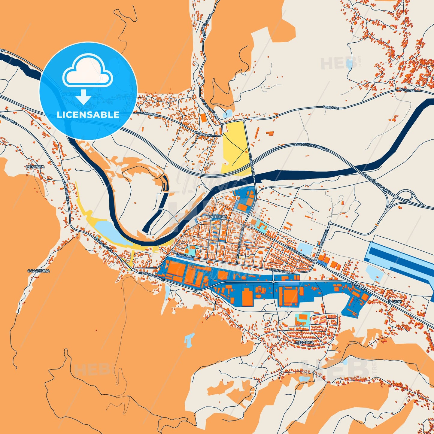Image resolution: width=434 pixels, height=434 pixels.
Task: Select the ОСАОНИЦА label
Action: (39, 271)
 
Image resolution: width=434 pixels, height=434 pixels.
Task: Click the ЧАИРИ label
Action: (394, 302)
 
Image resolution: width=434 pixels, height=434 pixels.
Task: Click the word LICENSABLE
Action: (88, 115)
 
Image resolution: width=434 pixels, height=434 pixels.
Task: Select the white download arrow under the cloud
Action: (83, 97)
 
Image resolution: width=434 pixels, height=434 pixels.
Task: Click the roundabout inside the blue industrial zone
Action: (274, 281)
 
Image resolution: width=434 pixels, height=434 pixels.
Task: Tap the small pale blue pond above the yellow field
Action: (228, 114)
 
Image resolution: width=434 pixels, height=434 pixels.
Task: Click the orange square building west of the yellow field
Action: (204, 118)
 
